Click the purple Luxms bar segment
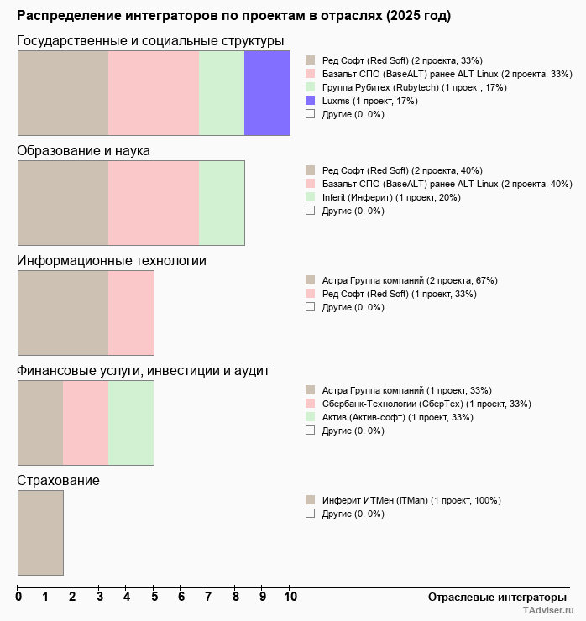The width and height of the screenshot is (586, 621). tap(267, 93)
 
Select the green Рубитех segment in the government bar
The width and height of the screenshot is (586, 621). tap(222, 93)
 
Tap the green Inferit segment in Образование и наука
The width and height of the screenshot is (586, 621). tap(222, 203)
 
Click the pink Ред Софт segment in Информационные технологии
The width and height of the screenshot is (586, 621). tap(131, 313)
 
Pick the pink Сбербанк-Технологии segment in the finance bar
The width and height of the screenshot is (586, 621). tap(86, 423)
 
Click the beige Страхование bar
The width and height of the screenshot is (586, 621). tap(40, 533)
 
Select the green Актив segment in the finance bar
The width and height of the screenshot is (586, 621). tap(131, 423)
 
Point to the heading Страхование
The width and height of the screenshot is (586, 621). tap(59, 481)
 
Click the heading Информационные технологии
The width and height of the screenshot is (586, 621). tap(112, 261)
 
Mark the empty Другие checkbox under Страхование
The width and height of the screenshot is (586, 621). tap(310, 513)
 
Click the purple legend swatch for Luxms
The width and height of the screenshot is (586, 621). tap(310, 101)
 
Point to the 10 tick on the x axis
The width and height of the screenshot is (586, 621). tap(290, 597)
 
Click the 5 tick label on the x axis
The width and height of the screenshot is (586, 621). tap(154, 597)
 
